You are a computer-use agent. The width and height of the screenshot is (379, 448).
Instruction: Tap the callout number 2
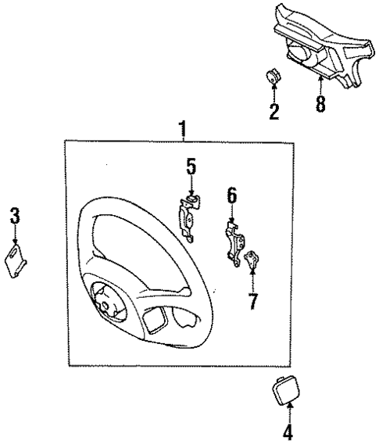coord(274,111)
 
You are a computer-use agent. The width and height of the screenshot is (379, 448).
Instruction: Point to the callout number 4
coord(288,432)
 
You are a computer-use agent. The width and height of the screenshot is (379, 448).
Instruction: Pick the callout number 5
coord(191,167)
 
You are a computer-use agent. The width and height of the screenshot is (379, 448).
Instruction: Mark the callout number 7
coord(252,301)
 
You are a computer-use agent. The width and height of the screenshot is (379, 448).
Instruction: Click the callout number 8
coord(320,104)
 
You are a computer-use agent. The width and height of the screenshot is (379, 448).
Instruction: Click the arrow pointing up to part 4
coord(288,411)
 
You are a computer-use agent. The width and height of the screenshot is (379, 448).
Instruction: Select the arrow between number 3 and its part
coord(14,235)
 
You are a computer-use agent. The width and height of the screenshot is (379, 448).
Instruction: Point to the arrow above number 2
coord(274,95)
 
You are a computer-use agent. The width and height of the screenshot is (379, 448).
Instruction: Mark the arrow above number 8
coord(320,86)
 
